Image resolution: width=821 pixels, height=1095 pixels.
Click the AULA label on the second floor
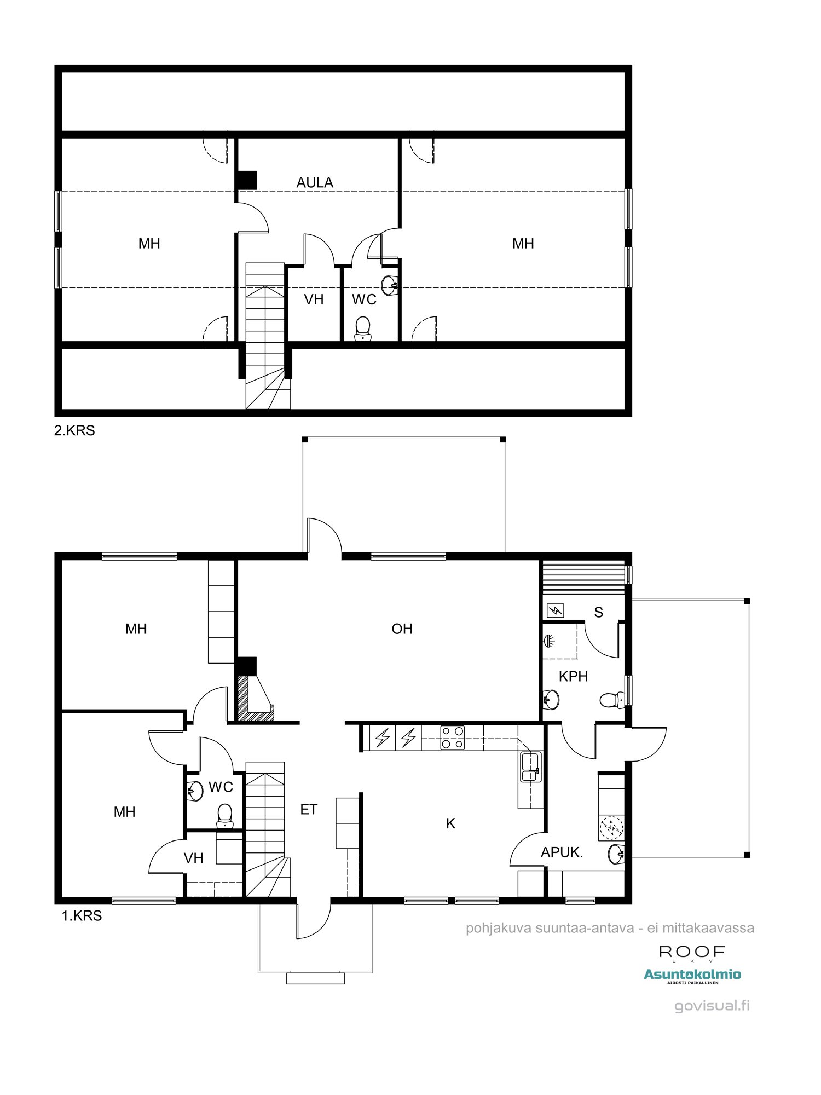[x=315, y=182]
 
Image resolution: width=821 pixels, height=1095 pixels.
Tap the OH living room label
[x=402, y=629]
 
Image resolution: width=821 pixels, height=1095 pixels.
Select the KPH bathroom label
[x=573, y=676]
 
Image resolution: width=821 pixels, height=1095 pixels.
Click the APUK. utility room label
[x=562, y=852]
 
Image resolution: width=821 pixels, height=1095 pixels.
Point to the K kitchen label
[x=450, y=823]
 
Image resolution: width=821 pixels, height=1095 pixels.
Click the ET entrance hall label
[x=309, y=810]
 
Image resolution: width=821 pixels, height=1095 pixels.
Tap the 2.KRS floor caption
[x=74, y=430]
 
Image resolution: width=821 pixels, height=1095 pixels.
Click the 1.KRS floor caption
[x=82, y=916]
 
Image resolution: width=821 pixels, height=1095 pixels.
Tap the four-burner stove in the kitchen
[x=453, y=737]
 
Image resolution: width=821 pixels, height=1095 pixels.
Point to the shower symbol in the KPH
[x=549, y=639]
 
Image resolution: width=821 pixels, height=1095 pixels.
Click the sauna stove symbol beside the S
[x=556, y=610]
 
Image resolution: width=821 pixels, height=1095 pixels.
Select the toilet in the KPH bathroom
[x=611, y=700]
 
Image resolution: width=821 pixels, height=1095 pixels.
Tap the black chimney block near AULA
[x=247, y=180]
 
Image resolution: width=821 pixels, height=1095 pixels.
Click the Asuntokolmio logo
[x=692, y=975]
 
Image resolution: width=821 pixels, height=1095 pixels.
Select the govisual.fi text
[x=712, y=1006]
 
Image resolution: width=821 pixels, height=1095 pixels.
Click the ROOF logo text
[x=692, y=952]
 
